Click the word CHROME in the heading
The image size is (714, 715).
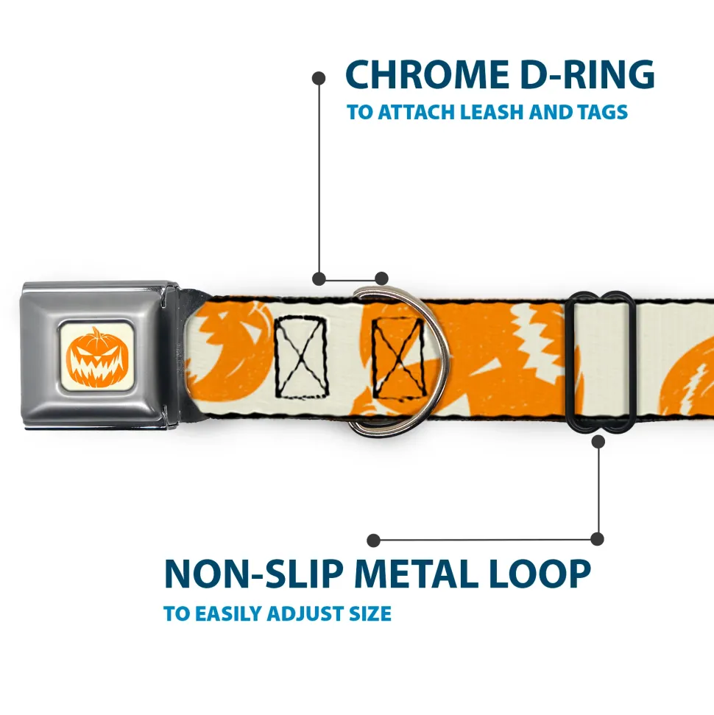[x=423, y=74]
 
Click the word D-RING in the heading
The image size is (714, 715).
[x=582, y=74]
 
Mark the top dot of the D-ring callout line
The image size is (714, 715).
[x=319, y=77]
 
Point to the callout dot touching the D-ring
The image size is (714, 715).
[x=381, y=278]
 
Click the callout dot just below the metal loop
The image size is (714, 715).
[x=598, y=441]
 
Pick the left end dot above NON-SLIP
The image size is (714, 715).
[x=374, y=540]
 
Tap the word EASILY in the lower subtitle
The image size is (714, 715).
[x=229, y=613]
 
